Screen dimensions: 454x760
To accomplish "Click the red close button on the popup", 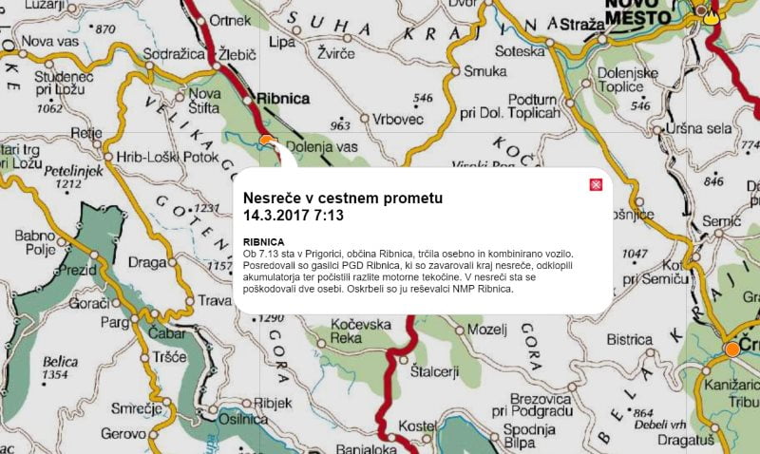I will pos(596,184).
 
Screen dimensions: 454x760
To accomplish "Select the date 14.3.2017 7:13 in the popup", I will pos(294,216).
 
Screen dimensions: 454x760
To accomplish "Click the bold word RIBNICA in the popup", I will pos(264,241).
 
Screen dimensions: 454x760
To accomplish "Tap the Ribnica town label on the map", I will pos(286,97).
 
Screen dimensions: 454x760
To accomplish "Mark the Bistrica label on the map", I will pos(630,338).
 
